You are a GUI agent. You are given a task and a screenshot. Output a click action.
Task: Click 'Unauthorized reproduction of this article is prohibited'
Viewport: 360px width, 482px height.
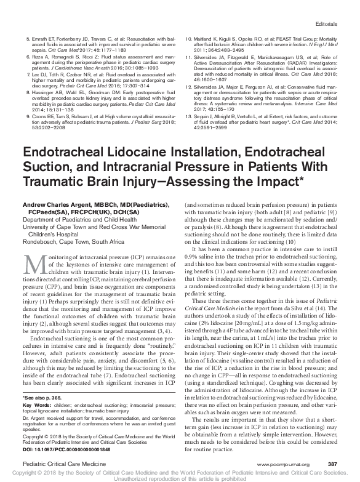(x=180, y=478)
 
